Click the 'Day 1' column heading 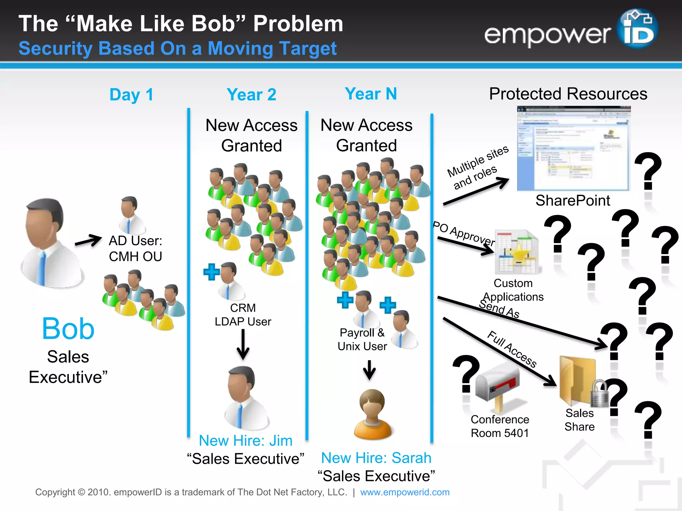point(131,95)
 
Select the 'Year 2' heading point(251,95)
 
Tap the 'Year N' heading point(371,94)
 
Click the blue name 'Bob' point(68,329)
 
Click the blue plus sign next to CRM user point(211,272)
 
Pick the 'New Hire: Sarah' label point(376,458)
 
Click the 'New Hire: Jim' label point(245,440)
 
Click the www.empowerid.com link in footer point(405,492)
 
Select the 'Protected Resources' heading point(568,94)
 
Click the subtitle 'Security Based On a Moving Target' point(177,49)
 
